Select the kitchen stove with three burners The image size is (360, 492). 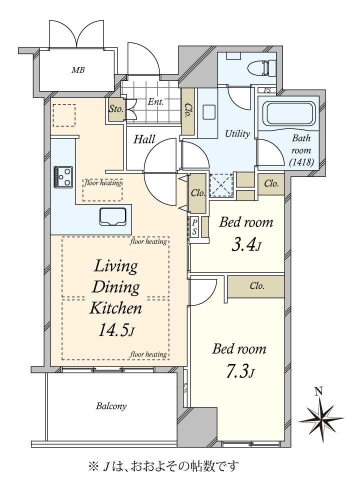(x=63, y=177)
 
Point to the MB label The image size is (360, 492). (x=78, y=70)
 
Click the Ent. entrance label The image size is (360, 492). (x=155, y=102)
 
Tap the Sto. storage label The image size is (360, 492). (x=116, y=109)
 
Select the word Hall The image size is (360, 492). (x=144, y=139)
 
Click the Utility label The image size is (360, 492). (x=237, y=133)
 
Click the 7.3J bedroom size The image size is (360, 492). (x=240, y=371)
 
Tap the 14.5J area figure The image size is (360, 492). (x=117, y=330)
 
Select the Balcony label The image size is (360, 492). (x=111, y=406)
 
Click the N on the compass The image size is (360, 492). (x=319, y=391)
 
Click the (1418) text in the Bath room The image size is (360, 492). (x=301, y=162)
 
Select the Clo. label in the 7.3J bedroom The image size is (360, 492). (x=257, y=286)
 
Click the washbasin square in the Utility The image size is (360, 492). (x=209, y=112)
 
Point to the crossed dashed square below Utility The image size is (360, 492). (x=221, y=185)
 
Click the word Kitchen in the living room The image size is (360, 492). (x=116, y=308)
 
